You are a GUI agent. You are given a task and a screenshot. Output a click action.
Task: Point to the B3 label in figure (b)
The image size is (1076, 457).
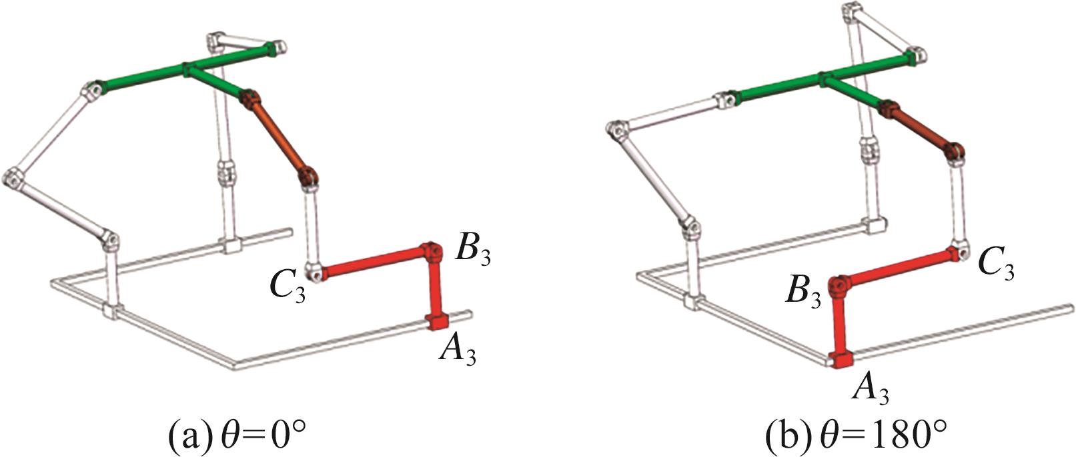point(802,292)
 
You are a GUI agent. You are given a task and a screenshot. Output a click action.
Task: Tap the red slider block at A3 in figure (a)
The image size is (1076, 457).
point(437,321)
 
